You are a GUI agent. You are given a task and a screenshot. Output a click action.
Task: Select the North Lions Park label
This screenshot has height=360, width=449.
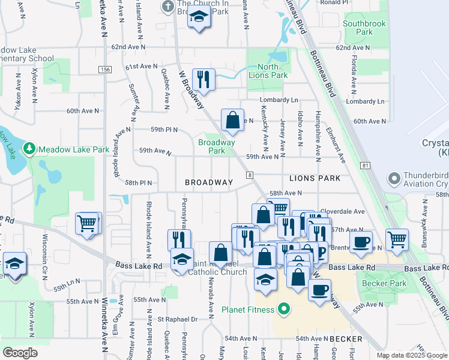click(268, 71)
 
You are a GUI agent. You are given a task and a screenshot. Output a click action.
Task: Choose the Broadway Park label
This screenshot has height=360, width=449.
click(217, 146)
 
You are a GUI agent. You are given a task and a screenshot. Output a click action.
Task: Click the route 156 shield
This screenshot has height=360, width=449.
click(106, 70)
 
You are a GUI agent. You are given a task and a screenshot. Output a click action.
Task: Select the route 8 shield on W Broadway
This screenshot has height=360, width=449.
click(249, 175)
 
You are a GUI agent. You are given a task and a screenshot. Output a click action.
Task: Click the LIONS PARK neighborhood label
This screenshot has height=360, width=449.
click(315, 178)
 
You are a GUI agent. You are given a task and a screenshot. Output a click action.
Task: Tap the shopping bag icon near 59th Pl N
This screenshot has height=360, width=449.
click(232, 119)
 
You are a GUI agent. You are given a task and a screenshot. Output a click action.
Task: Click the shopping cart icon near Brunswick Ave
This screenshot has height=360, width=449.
click(397, 239)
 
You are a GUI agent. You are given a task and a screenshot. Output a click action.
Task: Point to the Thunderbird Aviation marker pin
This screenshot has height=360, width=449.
click(394, 178)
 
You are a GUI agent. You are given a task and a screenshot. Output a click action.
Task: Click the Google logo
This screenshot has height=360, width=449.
click(20, 353)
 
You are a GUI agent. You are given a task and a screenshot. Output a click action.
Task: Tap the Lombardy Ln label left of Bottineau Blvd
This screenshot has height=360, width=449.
click(279, 100)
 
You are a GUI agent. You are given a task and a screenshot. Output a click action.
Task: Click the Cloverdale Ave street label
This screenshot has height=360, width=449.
click(343, 212)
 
